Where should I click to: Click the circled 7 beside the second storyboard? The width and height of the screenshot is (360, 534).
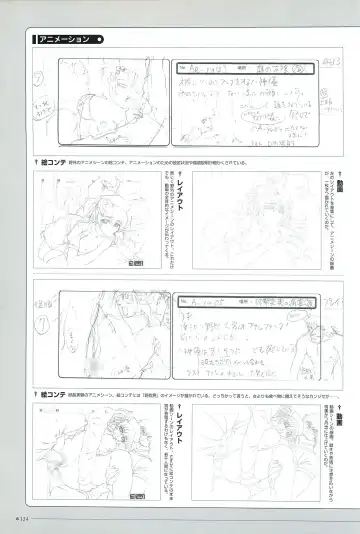43,326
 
